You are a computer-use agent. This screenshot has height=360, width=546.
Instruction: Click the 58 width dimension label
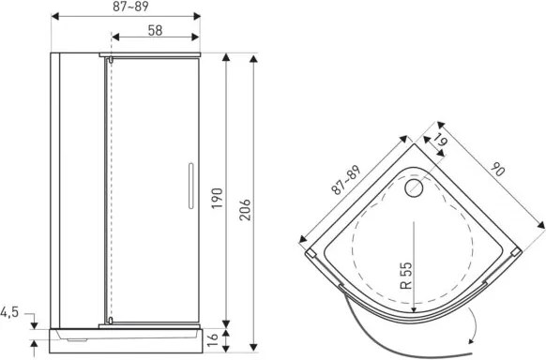coord(155,30)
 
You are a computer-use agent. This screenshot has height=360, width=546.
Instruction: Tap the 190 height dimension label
coord(218,198)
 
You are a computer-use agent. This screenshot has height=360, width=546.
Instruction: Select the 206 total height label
coord(245,210)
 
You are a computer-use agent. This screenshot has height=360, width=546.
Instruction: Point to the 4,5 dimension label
coord(9,312)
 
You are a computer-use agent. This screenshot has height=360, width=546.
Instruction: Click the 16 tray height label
coord(212,339)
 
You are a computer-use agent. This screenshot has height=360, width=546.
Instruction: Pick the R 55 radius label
coord(406,276)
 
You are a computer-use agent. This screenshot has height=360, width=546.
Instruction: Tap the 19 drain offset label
coord(440,140)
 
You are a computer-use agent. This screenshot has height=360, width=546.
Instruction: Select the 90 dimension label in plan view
coord(497,170)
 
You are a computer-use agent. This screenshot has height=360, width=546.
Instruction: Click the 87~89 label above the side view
coord(130,7)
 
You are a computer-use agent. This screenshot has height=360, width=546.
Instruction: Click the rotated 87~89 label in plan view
coord(346,180)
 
